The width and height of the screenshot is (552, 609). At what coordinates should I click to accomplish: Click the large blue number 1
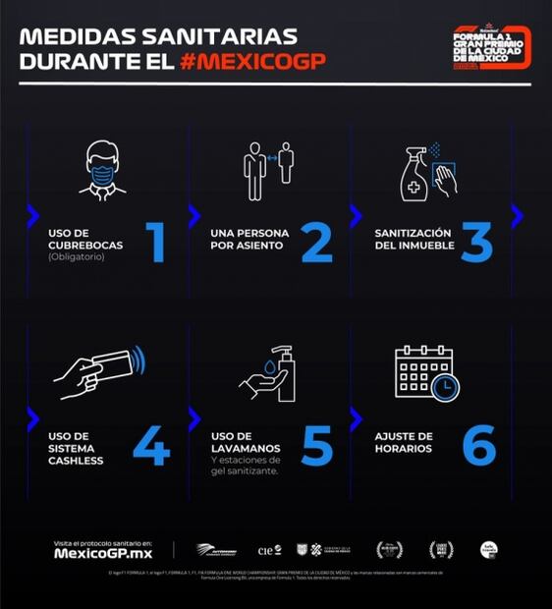(x=155, y=243)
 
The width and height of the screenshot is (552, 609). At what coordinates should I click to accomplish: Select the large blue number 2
(x=316, y=243)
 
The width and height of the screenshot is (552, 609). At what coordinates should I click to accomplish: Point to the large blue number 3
(x=476, y=243)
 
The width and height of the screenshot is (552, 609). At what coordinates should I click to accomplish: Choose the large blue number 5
(x=316, y=445)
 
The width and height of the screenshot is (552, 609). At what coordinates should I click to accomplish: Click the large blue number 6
(x=478, y=445)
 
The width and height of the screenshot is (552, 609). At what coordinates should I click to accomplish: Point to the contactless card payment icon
(x=99, y=371)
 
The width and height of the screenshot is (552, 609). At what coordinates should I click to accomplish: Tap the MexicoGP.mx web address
(x=102, y=553)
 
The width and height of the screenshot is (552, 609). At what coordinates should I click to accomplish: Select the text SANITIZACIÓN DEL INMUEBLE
(x=414, y=239)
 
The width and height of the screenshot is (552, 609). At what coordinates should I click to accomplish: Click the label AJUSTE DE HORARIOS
(x=404, y=442)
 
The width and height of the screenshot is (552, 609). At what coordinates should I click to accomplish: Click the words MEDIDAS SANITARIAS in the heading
(x=157, y=36)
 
